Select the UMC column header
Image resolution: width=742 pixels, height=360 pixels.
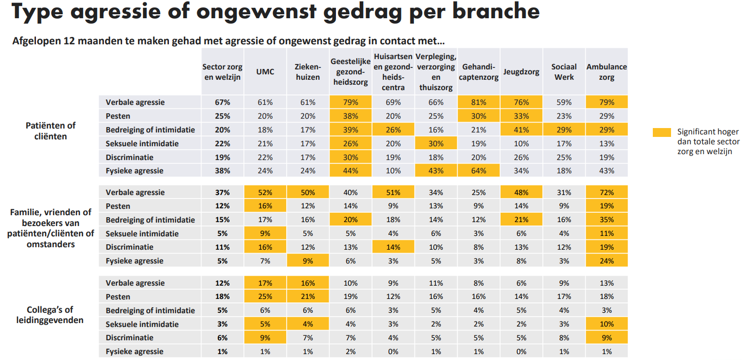(x=265, y=72)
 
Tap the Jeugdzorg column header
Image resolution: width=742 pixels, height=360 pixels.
(x=521, y=72)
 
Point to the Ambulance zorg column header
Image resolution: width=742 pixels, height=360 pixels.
(x=607, y=72)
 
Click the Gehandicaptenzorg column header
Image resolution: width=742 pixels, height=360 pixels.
(x=478, y=72)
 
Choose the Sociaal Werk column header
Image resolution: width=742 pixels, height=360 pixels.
(x=564, y=72)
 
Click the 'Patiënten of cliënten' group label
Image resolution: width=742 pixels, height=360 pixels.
(x=51, y=131)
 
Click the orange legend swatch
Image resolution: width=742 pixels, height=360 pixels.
(x=662, y=132)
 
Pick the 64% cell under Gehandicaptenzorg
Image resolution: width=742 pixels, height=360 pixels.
(x=478, y=171)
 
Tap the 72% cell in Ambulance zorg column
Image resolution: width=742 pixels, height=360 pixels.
(x=607, y=193)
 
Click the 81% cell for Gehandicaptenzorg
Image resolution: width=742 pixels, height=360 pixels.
(x=478, y=102)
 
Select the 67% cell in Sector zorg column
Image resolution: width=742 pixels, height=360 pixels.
(x=222, y=102)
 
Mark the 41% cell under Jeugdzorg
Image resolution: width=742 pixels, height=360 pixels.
(x=521, y=130)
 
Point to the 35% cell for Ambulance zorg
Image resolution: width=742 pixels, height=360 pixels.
(x=607, y=220)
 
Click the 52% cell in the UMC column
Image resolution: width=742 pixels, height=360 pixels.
(x=265, y=193)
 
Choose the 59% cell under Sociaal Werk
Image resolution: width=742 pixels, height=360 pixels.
(x=564, y=102)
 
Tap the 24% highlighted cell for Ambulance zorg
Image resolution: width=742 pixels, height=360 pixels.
(x=607, y=261)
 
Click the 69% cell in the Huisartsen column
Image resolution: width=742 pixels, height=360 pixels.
(x=393, y=102)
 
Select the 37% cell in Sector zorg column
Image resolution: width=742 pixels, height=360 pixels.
(x=222, y=193)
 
